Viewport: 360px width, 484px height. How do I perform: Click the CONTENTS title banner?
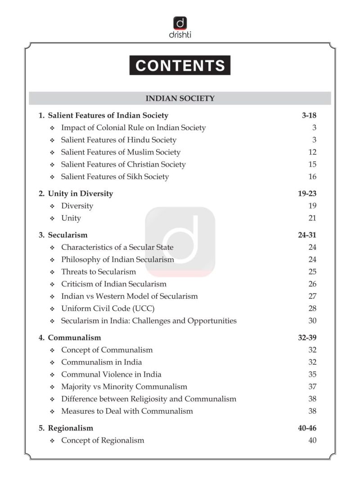(180, 65)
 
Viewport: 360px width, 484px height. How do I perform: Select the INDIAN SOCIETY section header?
(180, 98)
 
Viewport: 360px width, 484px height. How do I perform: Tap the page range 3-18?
(309, 115)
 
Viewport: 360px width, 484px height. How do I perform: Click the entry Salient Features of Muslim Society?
(121, 152)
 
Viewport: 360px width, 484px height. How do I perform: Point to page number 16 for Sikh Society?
(312, 176)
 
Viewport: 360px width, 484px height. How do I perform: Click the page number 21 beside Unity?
(312, 218)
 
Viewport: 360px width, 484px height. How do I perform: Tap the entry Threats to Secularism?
(98, 271)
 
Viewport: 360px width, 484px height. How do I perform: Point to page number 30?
(312, 321)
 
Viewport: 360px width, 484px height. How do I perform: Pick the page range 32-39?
(307, 338)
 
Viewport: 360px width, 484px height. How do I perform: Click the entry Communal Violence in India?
(111, 374)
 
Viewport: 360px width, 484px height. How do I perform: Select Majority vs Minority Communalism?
(124, 386)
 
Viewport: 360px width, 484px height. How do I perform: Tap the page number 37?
(312, 386)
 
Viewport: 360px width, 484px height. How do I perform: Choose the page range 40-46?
(307, 428)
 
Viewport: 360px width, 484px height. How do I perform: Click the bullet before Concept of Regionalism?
(52, 440)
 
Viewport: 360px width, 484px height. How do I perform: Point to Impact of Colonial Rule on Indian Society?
(133, 128)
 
